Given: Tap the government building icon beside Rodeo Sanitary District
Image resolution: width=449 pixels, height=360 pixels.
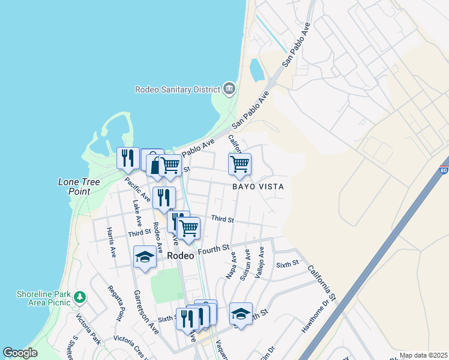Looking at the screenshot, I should click(x=229, y=89).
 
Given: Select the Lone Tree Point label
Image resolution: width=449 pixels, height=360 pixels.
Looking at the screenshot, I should click(x=74, y=186).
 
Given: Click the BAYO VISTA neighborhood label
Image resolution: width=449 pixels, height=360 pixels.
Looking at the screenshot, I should click(x=258, y=187).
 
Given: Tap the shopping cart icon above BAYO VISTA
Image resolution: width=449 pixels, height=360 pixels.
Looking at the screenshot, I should click(x=240, y=164).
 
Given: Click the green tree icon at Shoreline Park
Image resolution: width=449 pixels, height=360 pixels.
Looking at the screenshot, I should click(x=79, y=296).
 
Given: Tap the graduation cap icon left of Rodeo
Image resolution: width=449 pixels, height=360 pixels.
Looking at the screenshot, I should click(x=145, y=257).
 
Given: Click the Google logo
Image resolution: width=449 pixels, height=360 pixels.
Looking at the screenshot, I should click(x=20, y=353).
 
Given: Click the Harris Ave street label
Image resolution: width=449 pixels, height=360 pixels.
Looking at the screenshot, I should click(x=111, y=242).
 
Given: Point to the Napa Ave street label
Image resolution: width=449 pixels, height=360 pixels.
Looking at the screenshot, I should click(x=232, y=265).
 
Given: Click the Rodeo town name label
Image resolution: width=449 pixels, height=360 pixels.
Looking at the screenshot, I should click(x=180, y=255).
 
